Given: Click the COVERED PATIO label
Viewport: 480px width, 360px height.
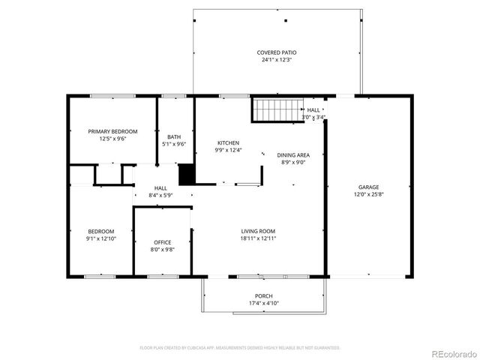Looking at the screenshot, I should point(277,52).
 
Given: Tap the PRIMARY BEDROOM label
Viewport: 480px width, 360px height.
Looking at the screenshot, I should point(112,131).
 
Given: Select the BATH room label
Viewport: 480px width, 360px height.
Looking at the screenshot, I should point(174,136).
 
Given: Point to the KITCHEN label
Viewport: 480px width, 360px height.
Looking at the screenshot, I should point(228,142).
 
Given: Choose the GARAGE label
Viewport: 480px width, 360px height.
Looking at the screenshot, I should point(368,187).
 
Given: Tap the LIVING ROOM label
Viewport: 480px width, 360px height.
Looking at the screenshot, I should point(259,231).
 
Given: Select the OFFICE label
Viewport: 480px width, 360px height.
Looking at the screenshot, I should point(163,242).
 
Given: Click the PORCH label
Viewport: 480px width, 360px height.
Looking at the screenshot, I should point(263,296).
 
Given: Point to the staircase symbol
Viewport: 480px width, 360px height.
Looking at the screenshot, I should point(277,110).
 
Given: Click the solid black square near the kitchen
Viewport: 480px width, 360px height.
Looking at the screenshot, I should point(187,174).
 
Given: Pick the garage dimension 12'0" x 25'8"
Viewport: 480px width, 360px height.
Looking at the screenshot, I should point(368,194).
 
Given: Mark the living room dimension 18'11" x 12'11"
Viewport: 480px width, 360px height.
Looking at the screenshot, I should point(259,238).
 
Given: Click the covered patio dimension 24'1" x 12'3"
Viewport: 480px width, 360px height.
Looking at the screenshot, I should point(277,60).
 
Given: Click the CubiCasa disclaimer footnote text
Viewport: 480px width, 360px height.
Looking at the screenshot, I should point(240,348).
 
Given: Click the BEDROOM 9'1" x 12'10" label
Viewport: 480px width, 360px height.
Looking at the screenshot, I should point(101,234).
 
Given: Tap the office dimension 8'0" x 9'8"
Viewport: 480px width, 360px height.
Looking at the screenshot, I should point(163,250).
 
